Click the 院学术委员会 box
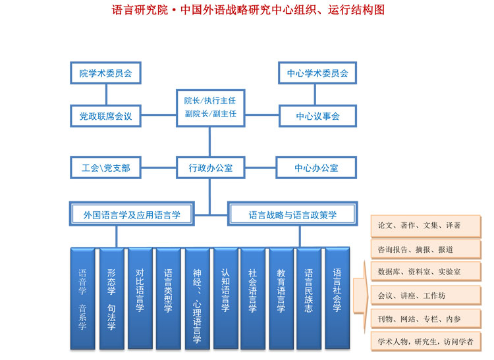[x=105, y=73]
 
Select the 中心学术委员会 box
[x=317, y=73]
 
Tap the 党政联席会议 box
[x=105, y=116]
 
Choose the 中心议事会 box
[x=317, y=116]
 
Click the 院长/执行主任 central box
[x=209, y=107]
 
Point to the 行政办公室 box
[x=209, y=168]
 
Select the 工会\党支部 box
[x=105, y=168]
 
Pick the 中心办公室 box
[x=316, y=168]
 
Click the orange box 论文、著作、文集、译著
[x=425, y=225]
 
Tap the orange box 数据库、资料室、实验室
[x=425, y=271]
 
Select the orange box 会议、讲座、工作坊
[x=425, y=295]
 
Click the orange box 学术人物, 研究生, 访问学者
[x=425, y=342]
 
